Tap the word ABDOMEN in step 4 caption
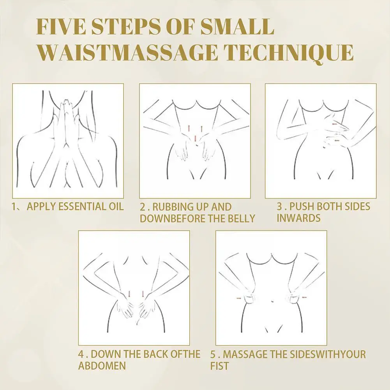[102, 365]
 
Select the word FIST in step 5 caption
[219, 366]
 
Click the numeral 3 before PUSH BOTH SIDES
[279, 206]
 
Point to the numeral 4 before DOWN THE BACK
[81, 354]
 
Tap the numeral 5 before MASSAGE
[213, 354]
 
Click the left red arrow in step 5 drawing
[239, 298]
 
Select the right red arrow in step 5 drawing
[304, 297]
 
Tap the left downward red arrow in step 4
[129, 294]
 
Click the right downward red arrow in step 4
[143, 294]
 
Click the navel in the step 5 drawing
[273, 302]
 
